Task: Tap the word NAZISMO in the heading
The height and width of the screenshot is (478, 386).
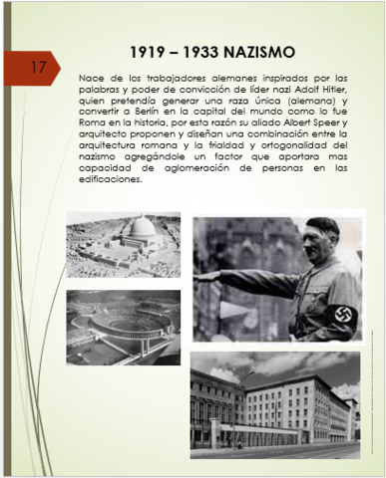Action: [276, 51]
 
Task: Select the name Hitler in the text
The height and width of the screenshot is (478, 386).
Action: [334, 91]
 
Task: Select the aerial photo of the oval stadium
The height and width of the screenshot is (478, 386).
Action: [123, 326]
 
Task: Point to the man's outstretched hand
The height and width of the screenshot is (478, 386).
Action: [204, 271]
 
